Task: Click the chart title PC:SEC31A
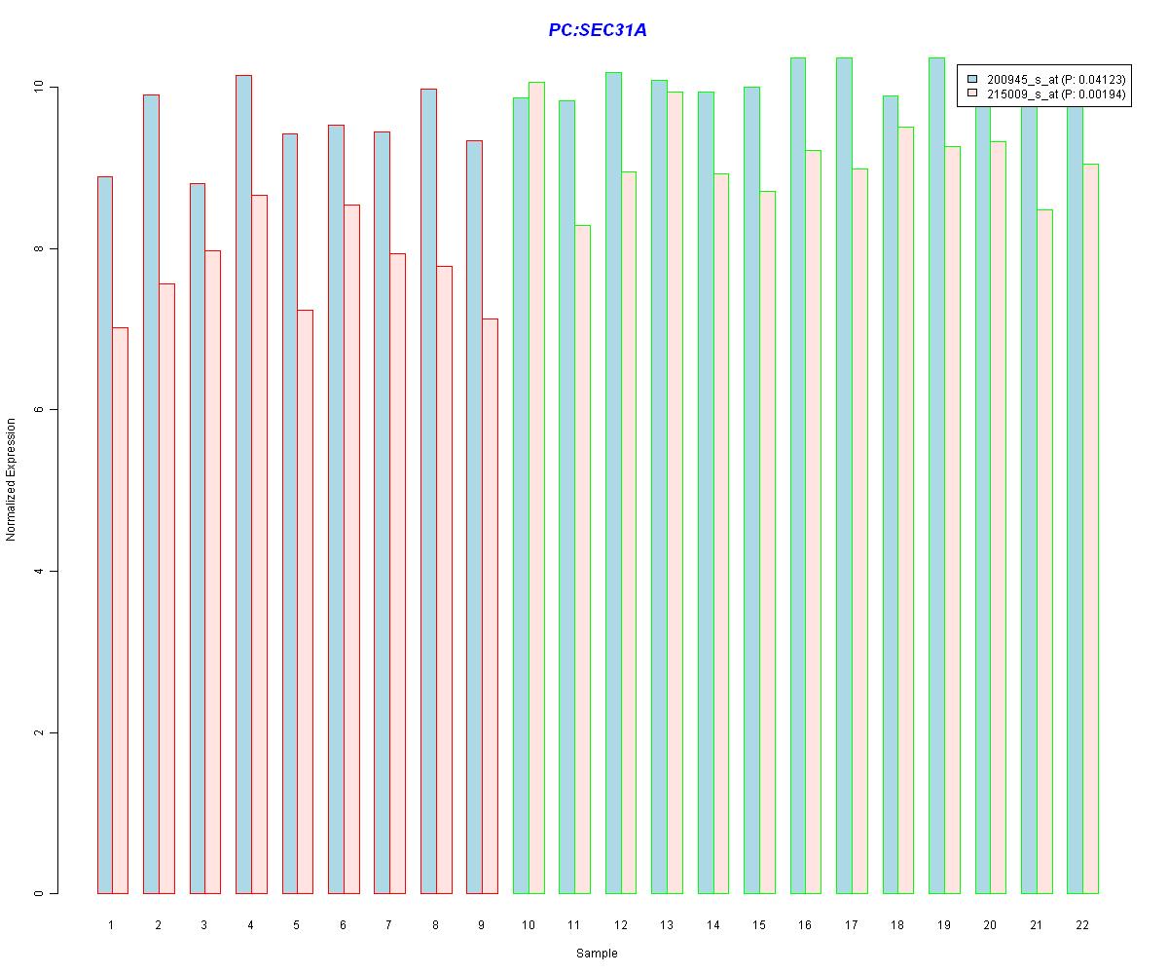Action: [597, 30]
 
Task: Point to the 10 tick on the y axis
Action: [39, 87]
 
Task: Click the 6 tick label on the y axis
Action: [39, 410]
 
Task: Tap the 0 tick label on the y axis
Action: [39, 893]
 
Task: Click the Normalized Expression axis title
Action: [12, 479]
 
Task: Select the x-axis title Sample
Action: [596, 954]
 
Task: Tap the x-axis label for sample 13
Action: [667, 924]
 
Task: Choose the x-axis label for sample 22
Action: [1082, 924]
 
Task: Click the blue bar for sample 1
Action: [105, 536]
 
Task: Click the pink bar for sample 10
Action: [536, 487]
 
